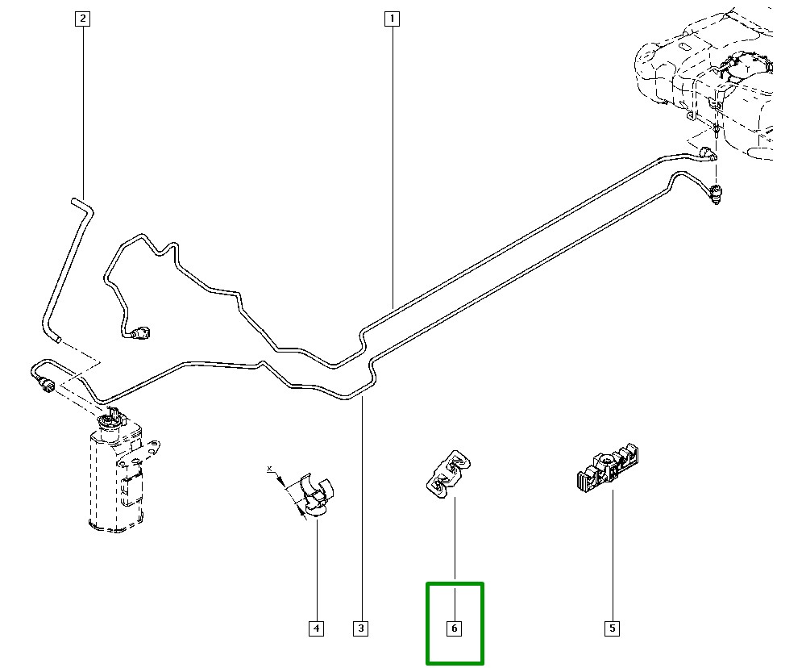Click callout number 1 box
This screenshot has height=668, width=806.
[x=392, y=18]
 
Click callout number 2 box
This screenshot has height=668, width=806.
[x=81, y=18]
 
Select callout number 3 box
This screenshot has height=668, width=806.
[x=360, y=628]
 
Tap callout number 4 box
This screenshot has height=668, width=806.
[x=316, y=628]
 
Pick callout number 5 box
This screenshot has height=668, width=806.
[x=612, y=628]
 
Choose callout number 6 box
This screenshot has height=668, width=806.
[x=455, y=628]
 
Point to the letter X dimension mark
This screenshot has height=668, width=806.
[x=271, y=469]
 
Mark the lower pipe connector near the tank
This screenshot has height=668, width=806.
[x=716, y=194]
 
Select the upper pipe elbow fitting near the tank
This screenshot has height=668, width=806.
[x=707, y=152]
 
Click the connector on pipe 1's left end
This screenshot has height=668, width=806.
[x=143, y=331]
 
